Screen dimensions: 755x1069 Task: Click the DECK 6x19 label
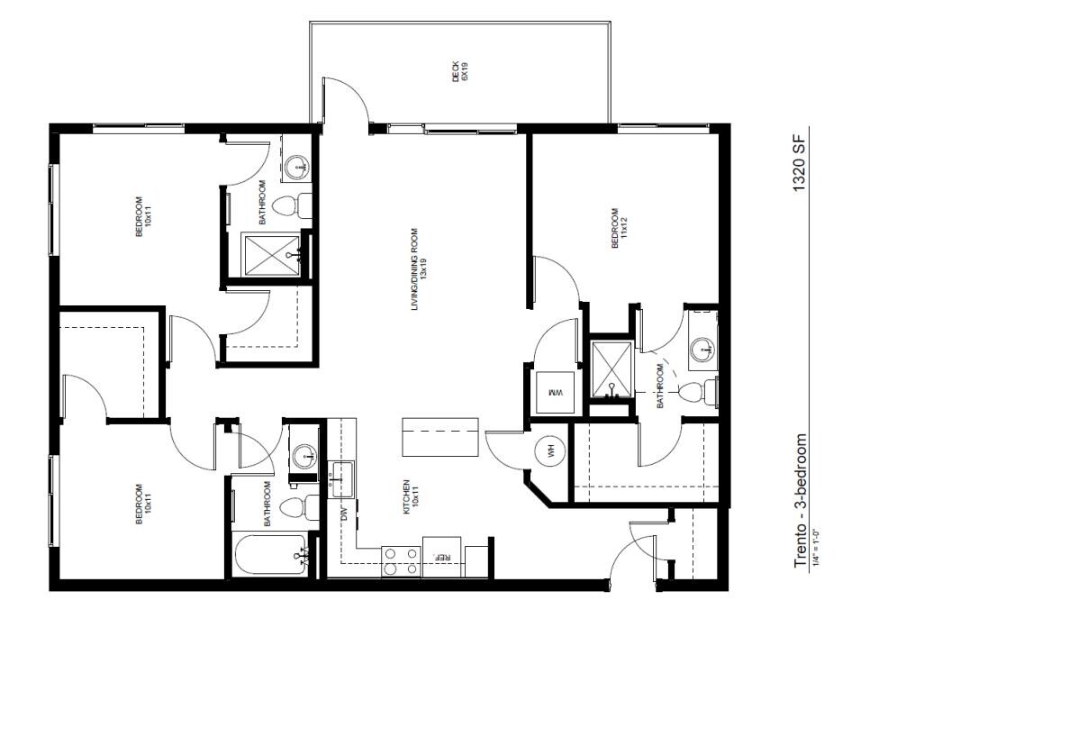[460, 71]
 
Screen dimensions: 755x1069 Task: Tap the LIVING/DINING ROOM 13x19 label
[416, 270]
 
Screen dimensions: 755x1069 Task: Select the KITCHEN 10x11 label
[411, 497]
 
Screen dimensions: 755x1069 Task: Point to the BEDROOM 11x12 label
[616, 229]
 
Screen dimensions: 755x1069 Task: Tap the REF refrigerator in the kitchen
[443, 556]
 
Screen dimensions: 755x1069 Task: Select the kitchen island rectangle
[440, 438]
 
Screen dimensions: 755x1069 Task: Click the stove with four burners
[401, 560]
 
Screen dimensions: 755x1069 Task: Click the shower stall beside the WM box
[610, 370]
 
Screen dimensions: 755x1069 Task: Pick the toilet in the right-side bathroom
[697, 392]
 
